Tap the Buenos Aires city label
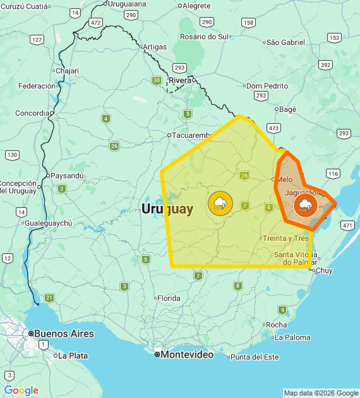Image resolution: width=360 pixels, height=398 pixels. click(64, 334)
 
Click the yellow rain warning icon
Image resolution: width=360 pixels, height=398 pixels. click(220, 203)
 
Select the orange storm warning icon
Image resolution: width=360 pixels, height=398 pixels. click(306, 205)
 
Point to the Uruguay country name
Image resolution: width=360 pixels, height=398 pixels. click(167, 209)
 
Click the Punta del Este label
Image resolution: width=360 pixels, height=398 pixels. click(255, 357)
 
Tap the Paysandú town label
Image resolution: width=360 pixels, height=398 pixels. click(66, 176)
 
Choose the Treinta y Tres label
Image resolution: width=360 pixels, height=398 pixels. click(285, 238)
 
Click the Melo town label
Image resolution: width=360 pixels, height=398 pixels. click(284, 179)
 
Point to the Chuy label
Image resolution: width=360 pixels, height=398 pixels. click(323, 270)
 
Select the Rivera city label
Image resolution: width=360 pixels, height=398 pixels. click(180, 80)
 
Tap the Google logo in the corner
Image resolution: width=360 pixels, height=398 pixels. click(21, 390)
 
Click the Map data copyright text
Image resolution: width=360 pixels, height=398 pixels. click(321, 393)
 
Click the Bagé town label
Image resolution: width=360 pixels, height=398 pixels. click(287, 109)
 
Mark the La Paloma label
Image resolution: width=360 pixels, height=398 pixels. click(292, 337)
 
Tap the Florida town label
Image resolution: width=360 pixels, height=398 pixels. click(169, 298)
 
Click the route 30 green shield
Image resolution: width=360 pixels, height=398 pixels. click(156, 80)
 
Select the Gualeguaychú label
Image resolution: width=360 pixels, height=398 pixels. click(48, 223)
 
